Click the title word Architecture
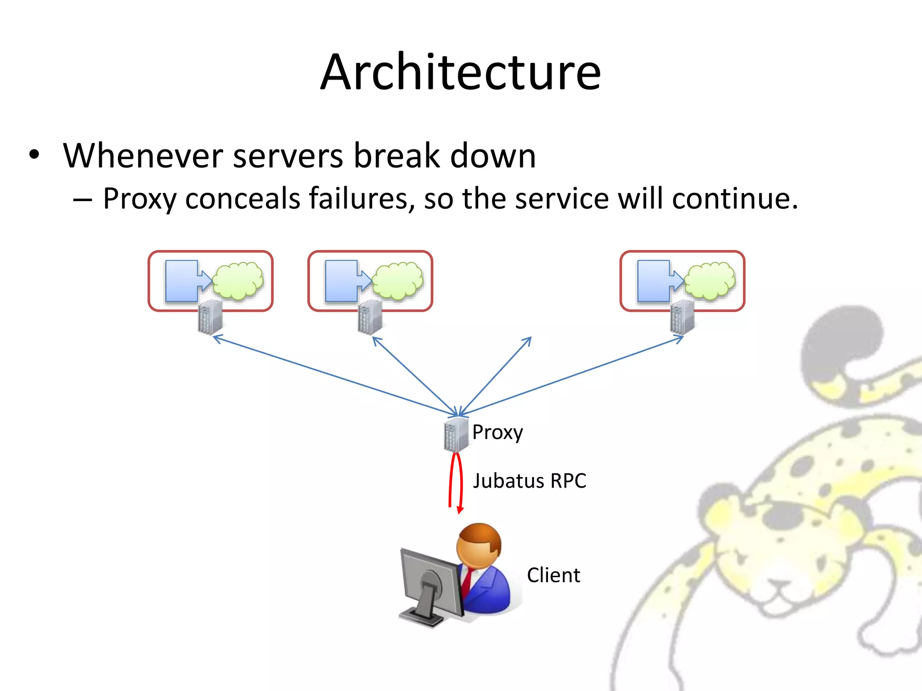click(x=461, y=72)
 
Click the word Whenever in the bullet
click(x=143, y=156)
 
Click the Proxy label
click(x=497, y=432)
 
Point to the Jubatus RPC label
click(x=529, y=480)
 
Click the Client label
click(x=553, y=575)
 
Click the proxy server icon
click(x=456, y=434)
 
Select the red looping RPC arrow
click(x=456, y=481)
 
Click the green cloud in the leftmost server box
click(x=238, y=281)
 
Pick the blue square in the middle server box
click(x=341, y=281)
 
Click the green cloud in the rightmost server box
click(x=710, y=281)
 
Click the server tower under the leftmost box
click(x=210, y=317)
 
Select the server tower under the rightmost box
click(x=682, y=317)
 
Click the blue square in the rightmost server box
click(x=653, y=281)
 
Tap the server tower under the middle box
click(x=370, y=317)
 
